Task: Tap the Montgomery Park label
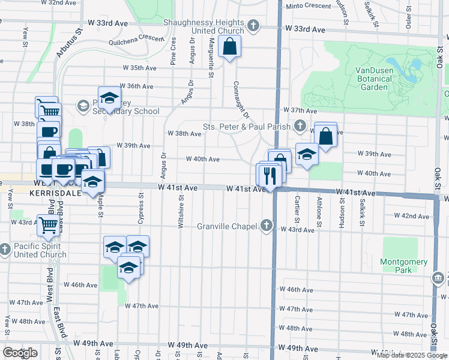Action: (x=403, y=266)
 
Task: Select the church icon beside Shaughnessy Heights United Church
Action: (x=253, y=26)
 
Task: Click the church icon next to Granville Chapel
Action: (x=267, y=226)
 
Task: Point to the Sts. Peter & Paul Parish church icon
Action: (x=301, y=126)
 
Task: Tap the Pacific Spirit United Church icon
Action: (x=5, y=248)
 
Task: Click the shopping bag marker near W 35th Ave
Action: (x=230, y=46)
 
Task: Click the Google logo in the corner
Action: (x=20, y=353)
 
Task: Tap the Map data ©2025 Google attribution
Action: (x=412, y=355)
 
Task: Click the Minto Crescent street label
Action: (x=307, y=6)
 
